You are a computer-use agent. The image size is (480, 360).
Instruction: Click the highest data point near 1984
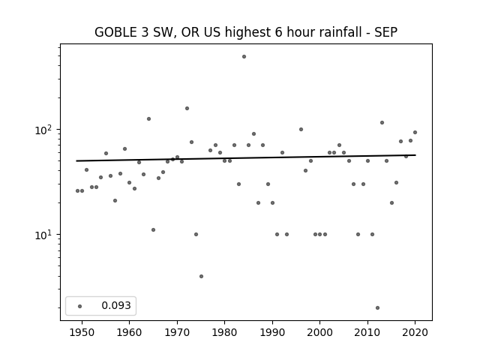(x=244, y=57)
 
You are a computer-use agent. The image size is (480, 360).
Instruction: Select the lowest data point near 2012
(x=377, y=308)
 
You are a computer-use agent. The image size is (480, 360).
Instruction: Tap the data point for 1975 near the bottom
(x=201, y=277)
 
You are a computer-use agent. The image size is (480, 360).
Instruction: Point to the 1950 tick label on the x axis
(x=82, y=332)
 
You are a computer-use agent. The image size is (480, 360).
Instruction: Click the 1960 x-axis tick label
(x=129, y=332)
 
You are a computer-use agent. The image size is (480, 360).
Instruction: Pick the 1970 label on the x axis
(x=177, y=332)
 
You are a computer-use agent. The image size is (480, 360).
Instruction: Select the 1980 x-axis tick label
(x=224, y=332)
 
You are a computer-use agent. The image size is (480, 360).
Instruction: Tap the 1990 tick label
(x=272, y=332)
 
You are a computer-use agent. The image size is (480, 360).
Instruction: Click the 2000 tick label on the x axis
(x=320, y=332)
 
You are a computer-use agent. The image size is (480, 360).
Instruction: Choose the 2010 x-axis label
(x=367, y=332)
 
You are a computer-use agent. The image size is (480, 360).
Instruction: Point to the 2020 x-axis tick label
(x=415, y=332)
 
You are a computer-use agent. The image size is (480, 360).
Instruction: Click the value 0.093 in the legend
(x=116, y=305)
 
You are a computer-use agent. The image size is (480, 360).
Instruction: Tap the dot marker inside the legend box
(x=80, y=306)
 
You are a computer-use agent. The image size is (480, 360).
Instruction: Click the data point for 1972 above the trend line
(x=187, y=108)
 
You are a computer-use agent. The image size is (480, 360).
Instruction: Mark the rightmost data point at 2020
(x=415, y=133)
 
